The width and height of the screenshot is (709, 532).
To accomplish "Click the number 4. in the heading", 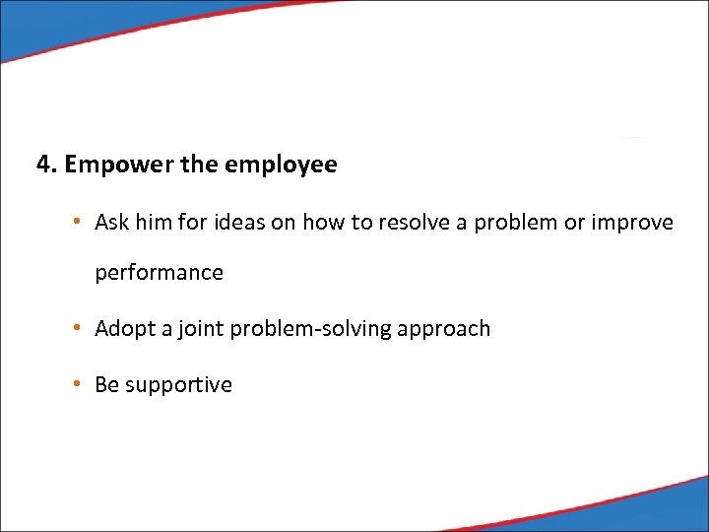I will coord(47,165).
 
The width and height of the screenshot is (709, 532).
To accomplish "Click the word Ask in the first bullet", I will coord(111,223).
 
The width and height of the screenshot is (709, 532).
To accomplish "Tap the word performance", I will coord(159,273).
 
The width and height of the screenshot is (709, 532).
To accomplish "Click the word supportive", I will coord(178,385).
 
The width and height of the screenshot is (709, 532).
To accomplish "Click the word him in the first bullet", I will coord(153,223).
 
